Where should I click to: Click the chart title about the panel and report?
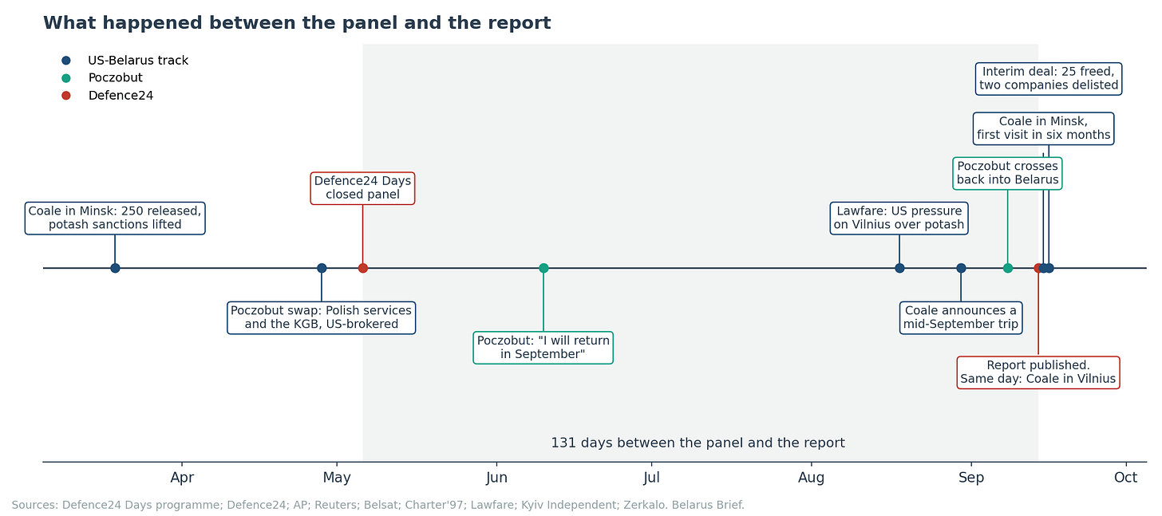[x=297, y=23]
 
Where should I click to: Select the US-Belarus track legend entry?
[x=125, y=61]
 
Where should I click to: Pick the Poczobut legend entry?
[x=101, y=78]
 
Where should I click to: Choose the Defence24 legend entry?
[x=108, y=96]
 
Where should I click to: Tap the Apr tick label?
[x=182, y=477]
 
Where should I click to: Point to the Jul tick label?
[x=651, y=477]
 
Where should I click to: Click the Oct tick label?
[x=1125, y=477]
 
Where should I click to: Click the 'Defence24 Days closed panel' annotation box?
[x=362, y=188]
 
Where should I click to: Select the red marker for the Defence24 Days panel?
[x=363, y=268]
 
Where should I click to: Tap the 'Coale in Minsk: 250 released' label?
[x=115, y=219]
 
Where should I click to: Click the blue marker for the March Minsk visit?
[x=115, y=268]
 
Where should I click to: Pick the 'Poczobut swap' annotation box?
[x=321, y=318]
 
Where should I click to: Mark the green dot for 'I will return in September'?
[x=543, y=268]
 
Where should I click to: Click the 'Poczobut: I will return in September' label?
[x=543, y=348]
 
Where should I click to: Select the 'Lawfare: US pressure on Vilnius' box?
[x=899, y=219]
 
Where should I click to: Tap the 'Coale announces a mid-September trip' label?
[x=961, y=318]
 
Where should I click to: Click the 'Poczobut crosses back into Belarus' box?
[x=1007, y=174]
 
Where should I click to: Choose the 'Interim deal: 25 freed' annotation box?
[x=1049, y=79]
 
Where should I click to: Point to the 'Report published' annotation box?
[x=1038, y=372]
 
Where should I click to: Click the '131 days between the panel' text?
[x=698, y=443]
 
